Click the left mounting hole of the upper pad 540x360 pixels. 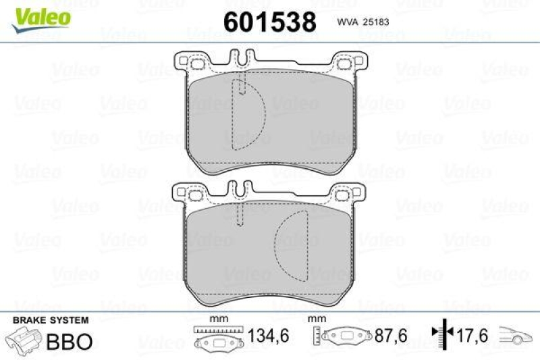point(197,65)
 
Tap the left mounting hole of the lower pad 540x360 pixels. point(197,196)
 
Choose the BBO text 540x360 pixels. point(69,341)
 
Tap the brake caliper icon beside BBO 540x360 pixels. point(23,340)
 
